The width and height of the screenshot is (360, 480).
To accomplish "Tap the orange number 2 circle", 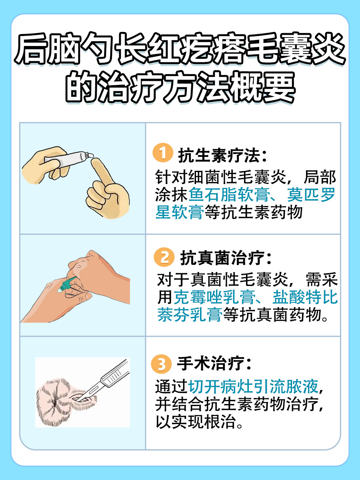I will tap(164, 258).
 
